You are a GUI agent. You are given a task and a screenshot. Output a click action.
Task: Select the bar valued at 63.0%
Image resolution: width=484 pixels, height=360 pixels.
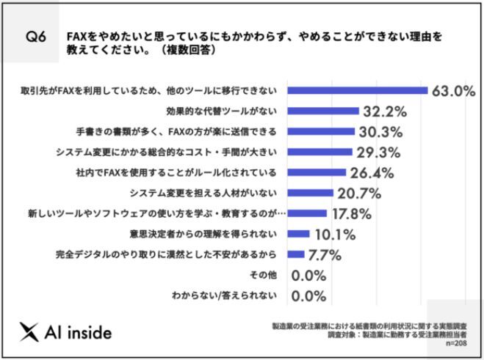[x=358, y=91]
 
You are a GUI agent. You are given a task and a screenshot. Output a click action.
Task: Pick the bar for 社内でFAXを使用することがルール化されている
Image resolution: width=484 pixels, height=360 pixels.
[x=317, y=173]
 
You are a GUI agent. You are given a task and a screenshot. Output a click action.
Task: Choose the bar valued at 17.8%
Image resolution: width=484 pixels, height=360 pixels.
[x=307, y=214]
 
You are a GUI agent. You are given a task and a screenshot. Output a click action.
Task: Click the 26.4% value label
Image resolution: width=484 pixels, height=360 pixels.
[x=372, y=173]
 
